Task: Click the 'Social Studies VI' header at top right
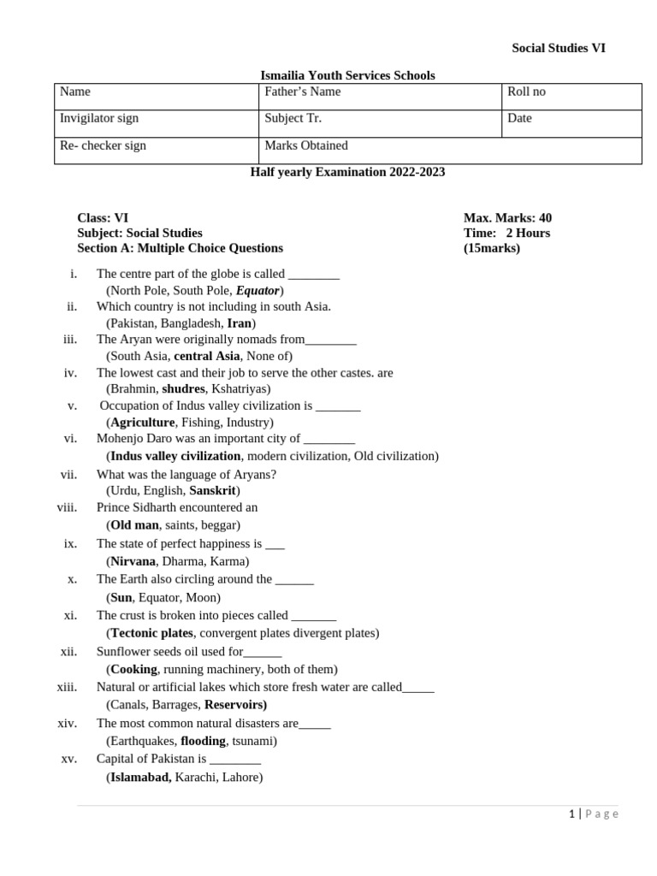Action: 558,48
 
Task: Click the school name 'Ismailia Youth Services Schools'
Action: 347,75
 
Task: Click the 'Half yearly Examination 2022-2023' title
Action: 347,172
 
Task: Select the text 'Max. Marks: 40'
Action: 507,218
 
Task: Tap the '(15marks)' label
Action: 491,248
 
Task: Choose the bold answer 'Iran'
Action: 239,323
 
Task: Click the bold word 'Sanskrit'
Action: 212,490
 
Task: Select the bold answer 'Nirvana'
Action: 133,561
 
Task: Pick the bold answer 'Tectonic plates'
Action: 151,633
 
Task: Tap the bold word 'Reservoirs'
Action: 235,705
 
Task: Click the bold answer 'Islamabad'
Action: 140,778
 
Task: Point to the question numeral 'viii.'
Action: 68,507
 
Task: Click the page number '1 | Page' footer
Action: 593,814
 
